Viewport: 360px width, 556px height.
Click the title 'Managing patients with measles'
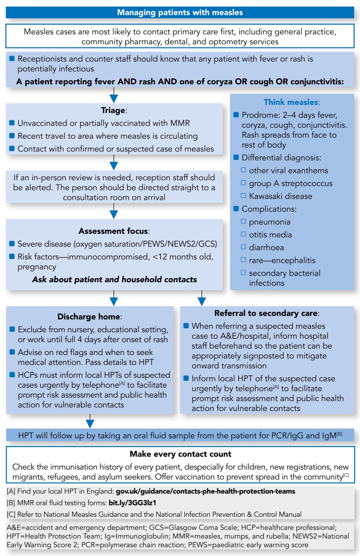pyautogui.click(x=180, y=12)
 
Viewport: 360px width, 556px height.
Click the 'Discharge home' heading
pyautogui.click(x=90, y=316)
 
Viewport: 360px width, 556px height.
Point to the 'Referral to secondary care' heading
pyautogui.click(x=266, y=313)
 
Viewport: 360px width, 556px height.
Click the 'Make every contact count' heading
pyautogui.click(x=180, y=454)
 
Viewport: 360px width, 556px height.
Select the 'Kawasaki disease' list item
pyautogui.click(x=280, y=196)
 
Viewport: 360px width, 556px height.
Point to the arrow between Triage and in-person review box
pyautogui.click(x=114, y=161)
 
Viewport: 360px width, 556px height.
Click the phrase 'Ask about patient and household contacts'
pyautogui.click(x=114, y=280)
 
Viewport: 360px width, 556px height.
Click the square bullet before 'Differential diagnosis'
pyautogui.click(x=236, y=158)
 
